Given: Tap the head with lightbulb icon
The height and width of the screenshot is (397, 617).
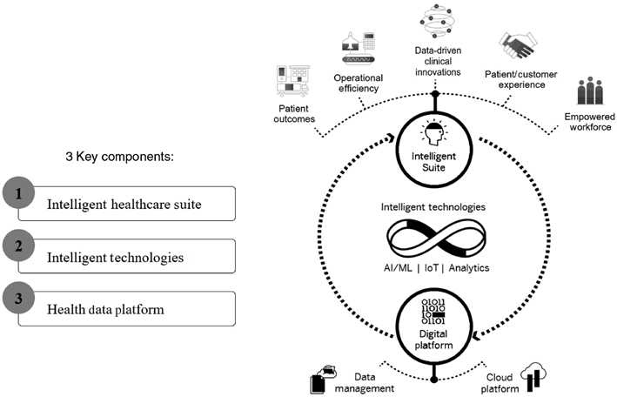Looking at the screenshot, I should point(433,133).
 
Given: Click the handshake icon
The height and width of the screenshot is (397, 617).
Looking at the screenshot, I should point(520,46).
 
